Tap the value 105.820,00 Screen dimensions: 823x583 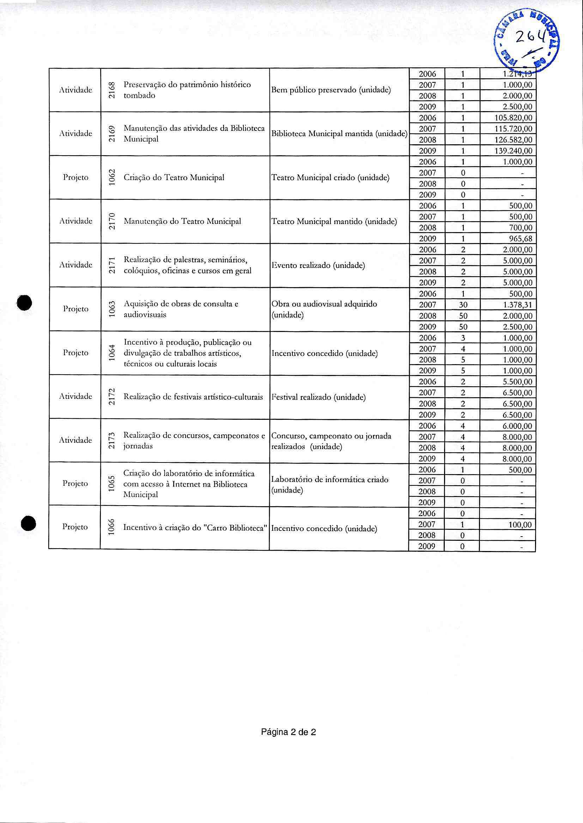tap(513, 118)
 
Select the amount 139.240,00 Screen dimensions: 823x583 tap(513, 150)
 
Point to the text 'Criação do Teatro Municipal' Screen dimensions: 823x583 tap(174, 177)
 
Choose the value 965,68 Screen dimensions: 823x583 tap(521, 238)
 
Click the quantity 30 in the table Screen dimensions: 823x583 tap(463, 305)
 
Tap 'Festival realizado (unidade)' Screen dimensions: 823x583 tap(319, 397)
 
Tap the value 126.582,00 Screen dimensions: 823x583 tap(513, 140)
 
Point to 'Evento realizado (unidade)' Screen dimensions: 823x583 tap(318, 266)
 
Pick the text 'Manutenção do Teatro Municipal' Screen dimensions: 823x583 tap(182, 221)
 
